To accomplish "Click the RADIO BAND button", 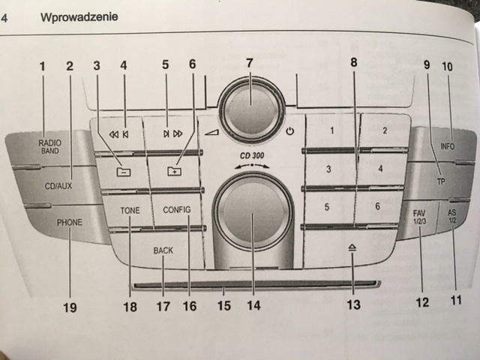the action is pos(50,145).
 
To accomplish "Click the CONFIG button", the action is pos(177,210).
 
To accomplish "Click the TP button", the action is pos(441,182).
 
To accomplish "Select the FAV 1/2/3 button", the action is pos(418,217).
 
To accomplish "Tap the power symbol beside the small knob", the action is pos(289,132).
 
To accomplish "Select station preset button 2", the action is pos(384,130).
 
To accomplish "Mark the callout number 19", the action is pos(70,306).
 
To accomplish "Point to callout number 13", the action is pos(352,305).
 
